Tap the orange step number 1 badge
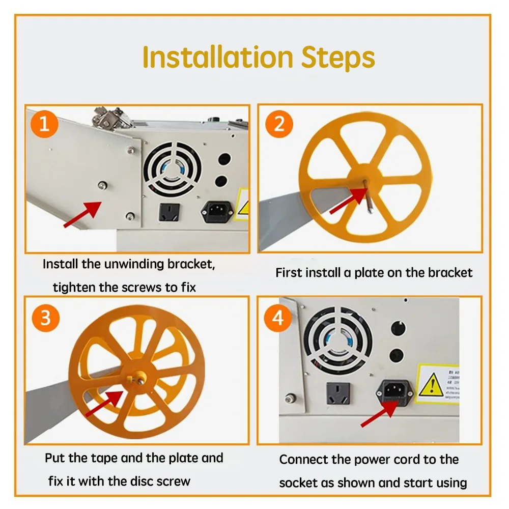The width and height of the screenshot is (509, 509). [x=44, y=124]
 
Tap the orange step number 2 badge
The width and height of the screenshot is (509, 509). [x=279, y=124]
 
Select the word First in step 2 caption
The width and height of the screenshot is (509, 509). [x=288, y=273]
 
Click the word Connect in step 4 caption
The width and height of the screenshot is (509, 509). [x=303, y=460]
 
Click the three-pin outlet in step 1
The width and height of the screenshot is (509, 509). [x=170, y=211]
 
